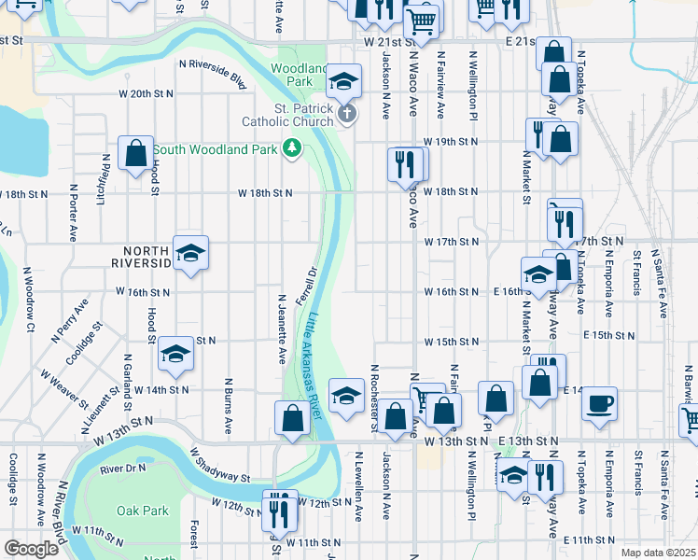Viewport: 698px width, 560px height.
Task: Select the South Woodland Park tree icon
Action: (x=292, y=148)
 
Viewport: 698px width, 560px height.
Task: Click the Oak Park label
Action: (x=143, y=511)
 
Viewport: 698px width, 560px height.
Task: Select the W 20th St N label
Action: (x=147, y=94)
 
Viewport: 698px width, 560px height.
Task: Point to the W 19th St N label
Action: (x=450, y=141)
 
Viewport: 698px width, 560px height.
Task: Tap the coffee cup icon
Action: (x=599, y=403)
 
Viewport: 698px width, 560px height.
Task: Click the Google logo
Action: (x=31, y=549)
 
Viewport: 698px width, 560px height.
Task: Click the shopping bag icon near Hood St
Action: (x=135, y=154)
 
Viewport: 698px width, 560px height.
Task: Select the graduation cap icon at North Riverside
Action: (x=190, y=253)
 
